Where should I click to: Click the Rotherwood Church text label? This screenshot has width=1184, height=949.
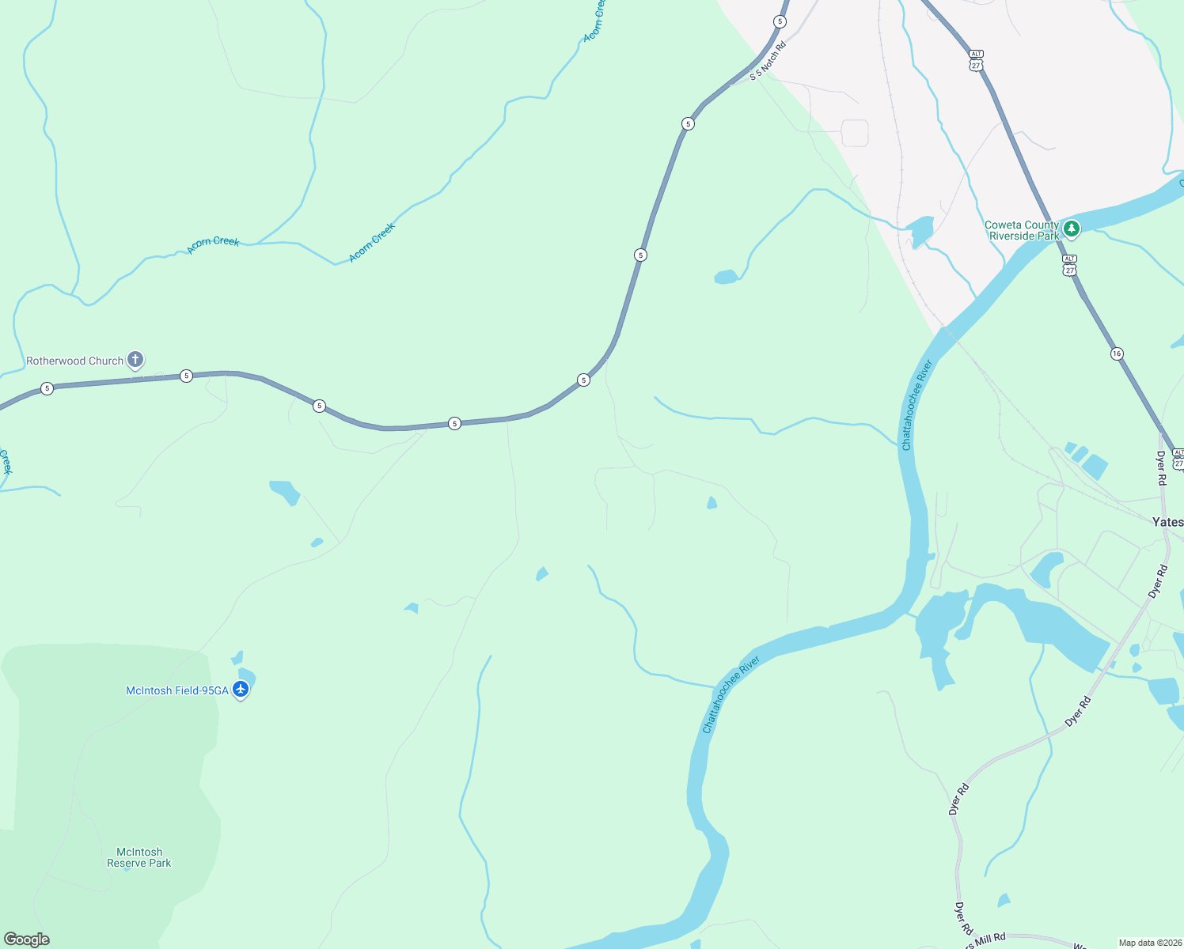pyautogui.click(x=74, y=361)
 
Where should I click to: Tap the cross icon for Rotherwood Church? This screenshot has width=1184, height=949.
pyautogui.click(x=135, y=361)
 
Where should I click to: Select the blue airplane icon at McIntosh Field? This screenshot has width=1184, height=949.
pyautogui.click(x=241, y=690)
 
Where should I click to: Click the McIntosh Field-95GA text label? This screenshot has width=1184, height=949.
pyautogui.click(x=176, y=691)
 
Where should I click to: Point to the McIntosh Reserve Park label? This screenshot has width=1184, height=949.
pyautogui.click(x=139, y=857)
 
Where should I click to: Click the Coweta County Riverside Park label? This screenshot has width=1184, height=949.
pyautogui.click(x=1021, y=230)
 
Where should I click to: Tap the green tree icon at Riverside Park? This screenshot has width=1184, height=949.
pyautogui.click(x=1071, y=229)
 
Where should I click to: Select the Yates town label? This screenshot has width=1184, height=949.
pyautogui.click(x=1167, y=522)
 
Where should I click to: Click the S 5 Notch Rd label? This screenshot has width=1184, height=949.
pyautogui.click(x=768, y=62)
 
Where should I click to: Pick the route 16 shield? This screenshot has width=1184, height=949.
pyautogui.click(x=1117, y=354)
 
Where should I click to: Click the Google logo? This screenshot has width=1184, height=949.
pyautogui.click(x=27, y=940)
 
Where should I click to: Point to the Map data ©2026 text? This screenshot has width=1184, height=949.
pyautogui.click(x=1149, y=943)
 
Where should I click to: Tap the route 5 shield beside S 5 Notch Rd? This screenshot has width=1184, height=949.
pyautogui.click(x=780, y=21)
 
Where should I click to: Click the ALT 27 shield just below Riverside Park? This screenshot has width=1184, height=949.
pyautogui.click(x=1069, y=266)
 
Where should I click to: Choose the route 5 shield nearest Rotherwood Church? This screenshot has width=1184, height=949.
pyautogui.click(x=186, y=376)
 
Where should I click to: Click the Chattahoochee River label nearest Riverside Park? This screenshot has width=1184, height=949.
pyautogui.click(x=917, y=405)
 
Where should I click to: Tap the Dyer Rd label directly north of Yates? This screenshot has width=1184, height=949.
pyautogui.click(x=1161, y=468)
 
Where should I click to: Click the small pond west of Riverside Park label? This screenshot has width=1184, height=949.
pyautogui.click(x=920, y=230)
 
